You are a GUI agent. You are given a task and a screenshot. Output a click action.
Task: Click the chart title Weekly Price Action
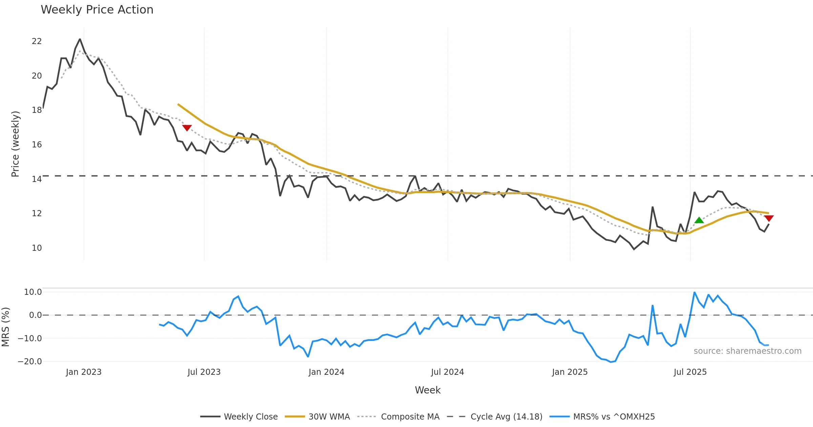pyautogui.click(x=97, y=10)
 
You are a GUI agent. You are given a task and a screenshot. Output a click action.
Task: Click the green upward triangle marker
pyautogui.click(x=699, y=220)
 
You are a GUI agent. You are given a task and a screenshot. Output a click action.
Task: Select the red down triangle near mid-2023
pyautogui.click(x=187, y=128)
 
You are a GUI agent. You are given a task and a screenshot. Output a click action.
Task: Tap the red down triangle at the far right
pyautogui.click(x=769, y=218)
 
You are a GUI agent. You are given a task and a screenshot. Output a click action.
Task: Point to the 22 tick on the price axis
pyautogui.click(x=37, y=41)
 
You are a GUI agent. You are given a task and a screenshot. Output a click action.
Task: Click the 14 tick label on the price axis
pyautogui.click(x=37, y=179)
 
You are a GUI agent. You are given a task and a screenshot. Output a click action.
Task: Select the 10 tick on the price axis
pyautogui.click(x=37, y=248)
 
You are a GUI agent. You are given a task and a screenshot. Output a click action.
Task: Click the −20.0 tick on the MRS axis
pyautogui.click(x=30, y=362)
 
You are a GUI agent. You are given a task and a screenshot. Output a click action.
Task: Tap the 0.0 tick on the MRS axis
pyautogui.click(x=35, y=315)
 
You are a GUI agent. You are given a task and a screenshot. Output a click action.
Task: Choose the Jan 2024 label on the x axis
pyautogui.click(x=326, y=372)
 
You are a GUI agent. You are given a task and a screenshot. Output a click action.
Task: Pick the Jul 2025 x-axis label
pyautogui.click(x=690, y=372)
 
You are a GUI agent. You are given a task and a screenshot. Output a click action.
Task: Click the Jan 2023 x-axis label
pyautogui.click(x=84, y=372)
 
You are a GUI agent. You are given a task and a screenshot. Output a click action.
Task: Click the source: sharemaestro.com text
pyautogui.click(x=747, y=351)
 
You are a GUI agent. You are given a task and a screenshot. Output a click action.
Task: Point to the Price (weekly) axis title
pyautogui.click(x=15, y=144)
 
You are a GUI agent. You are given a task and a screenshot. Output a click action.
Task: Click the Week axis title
pyautogui.click(x=428, y=390)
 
